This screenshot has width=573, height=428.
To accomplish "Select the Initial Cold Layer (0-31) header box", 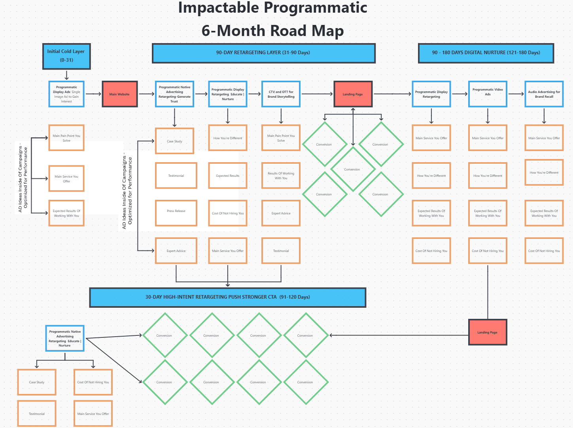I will pyautogui.click(x=66, y=56).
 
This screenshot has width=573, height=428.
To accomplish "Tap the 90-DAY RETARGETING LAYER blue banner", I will pyautogui.click(x=263, y=53).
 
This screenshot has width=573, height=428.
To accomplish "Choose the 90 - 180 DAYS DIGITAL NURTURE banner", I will pyautogui.click(x=486, y=53).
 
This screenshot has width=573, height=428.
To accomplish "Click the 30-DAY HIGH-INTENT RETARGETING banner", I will pyautogui.click(x=227, y=297).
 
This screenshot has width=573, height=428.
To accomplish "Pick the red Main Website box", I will pyautogui.click(x=119, y=94).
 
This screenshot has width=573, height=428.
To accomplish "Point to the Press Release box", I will pyautogui.click(x=176, y=213).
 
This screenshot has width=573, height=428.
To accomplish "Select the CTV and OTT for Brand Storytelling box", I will pyautogui.click(x=281, y=94).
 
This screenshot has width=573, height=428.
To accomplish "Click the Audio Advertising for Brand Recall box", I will pyautogui.click(x=544, y=94).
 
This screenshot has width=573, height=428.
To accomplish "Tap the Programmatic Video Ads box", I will pyautogui.click(x=488, y=94).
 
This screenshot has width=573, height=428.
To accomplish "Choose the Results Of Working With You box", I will pyautogui.click(x=281, y=176).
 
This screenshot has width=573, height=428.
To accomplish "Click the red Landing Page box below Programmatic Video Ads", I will pyautogui.click(x=487, y=332).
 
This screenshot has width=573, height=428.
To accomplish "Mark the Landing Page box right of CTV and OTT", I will pyautogui.click(x=353, y=94).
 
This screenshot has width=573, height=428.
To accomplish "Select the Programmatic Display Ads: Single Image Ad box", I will pyautogui.click(x=66, y=94).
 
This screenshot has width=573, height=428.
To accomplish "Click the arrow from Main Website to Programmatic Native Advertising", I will pyautogui.click(x=146, y=94).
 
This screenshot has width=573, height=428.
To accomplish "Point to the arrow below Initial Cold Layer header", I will pyautogui.click(x=66, y=75).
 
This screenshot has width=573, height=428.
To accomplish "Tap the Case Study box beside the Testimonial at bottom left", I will pyautogui.click(x=37, y=382).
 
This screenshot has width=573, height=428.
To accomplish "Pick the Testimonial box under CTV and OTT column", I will pyautogui.click(x=281, y=251).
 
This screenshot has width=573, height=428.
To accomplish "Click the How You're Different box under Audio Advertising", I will pyautogui.click(x=544, y=172).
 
